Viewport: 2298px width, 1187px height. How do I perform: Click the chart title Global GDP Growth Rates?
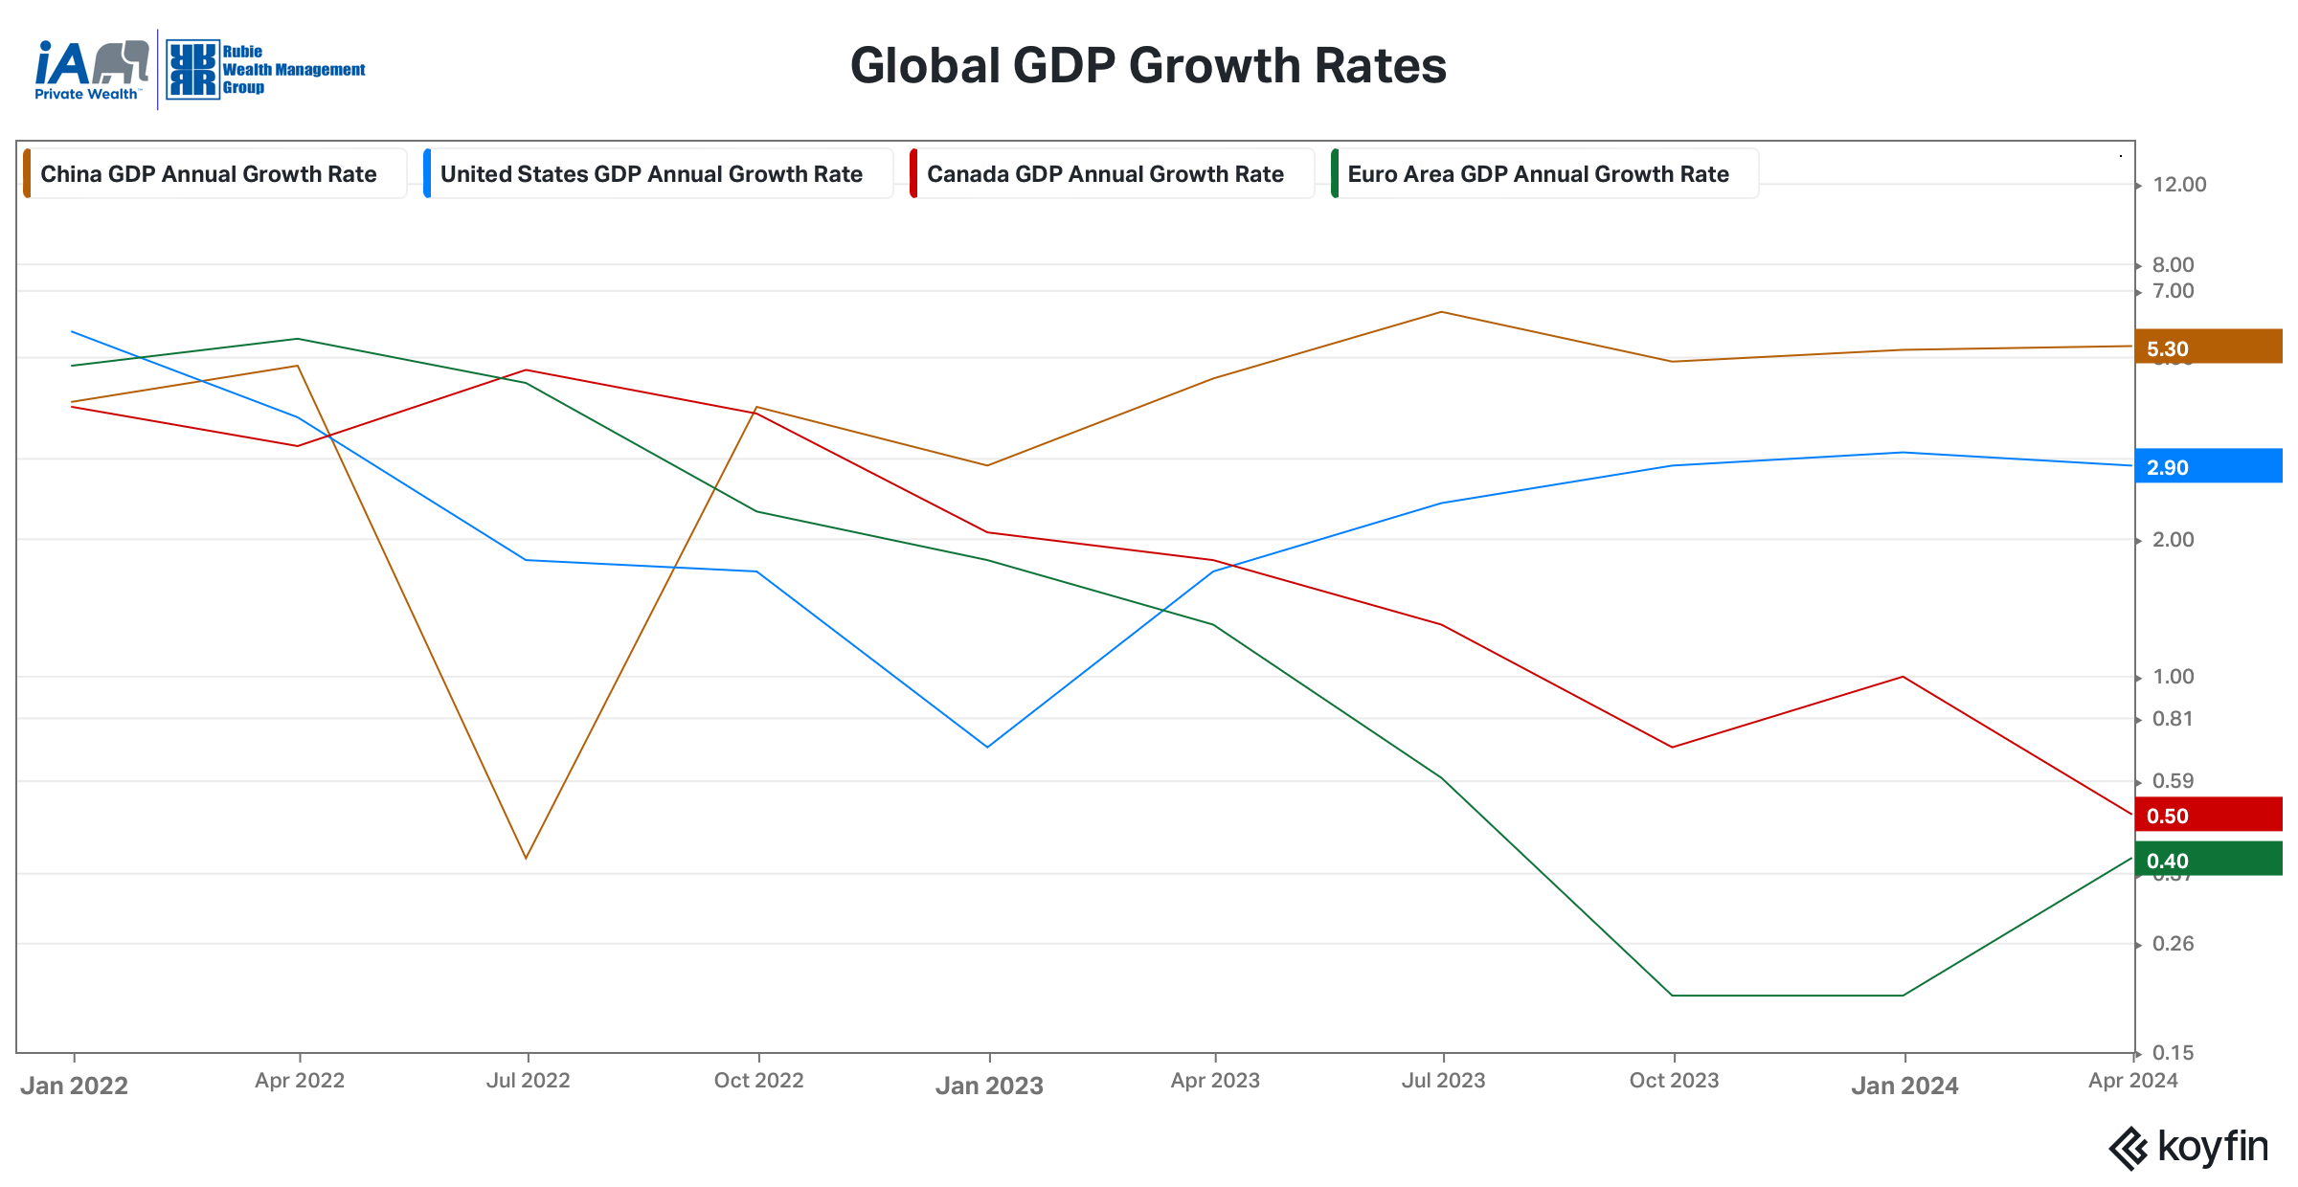[1148, 66]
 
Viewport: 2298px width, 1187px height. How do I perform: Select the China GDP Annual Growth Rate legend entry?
[209, 174]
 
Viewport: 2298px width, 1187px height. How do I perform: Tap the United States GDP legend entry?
[651, 174]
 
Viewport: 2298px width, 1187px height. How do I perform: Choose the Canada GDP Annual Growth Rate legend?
[1105, 174]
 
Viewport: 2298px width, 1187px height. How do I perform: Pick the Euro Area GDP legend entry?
[1538, 174]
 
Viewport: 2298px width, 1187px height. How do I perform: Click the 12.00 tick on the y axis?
[2179, 185]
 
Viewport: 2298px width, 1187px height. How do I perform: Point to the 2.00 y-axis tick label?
[2174, 540]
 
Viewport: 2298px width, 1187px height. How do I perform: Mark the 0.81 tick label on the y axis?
[2173, 719]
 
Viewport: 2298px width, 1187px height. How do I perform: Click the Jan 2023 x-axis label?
[989, 1086]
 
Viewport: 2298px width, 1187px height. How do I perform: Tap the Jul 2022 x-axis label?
[528, 1081]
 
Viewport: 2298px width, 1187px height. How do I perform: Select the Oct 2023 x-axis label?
[1674, 1081]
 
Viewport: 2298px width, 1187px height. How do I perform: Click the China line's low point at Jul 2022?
[526, 858]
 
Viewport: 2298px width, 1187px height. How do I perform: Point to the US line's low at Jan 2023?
[987, 747]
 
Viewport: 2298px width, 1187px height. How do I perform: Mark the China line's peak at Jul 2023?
[1441, 312]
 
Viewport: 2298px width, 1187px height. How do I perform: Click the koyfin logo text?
[2212, 1147]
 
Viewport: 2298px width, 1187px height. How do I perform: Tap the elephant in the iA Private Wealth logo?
[122, 62]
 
